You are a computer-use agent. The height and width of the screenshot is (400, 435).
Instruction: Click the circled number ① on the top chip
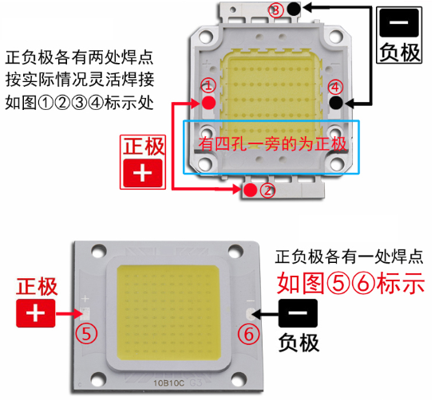click(208, 85)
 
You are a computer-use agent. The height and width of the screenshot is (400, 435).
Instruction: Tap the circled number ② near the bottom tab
click(267, 190)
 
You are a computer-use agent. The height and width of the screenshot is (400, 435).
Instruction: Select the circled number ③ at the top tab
click(275, 10)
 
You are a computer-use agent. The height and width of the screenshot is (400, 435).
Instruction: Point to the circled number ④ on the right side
click(335, 88)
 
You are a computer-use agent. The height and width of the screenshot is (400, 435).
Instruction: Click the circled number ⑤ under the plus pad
click(86, 334)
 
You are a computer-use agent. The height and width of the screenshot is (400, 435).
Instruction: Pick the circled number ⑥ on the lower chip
click(248, 334)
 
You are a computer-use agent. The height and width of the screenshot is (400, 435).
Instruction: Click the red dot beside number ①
click(208, 103)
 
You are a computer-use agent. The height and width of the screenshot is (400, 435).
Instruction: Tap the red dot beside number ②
click(251, 190)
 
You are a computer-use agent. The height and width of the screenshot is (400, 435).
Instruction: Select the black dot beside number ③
click(294, 8)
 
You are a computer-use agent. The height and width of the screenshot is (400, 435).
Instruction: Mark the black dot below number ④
click(336, 103)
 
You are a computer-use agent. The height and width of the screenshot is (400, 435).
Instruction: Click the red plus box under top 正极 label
click(143, 173)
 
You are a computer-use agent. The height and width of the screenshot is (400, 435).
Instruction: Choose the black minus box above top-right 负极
click(399, 23)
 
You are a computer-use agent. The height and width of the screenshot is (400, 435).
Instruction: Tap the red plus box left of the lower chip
click(35, 313)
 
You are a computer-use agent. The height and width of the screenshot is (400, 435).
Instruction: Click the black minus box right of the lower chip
click(298, 312)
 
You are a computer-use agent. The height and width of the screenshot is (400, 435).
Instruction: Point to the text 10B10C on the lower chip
click(169, 383)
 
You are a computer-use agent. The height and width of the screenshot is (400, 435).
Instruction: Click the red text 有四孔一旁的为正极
click(272, 144)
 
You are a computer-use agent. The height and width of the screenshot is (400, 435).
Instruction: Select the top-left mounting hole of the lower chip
click(99, 251)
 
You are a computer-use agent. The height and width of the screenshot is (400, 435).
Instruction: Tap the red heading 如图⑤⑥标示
click(350, 283)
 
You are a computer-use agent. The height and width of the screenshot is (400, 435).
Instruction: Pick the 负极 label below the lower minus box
click(299, 343)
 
